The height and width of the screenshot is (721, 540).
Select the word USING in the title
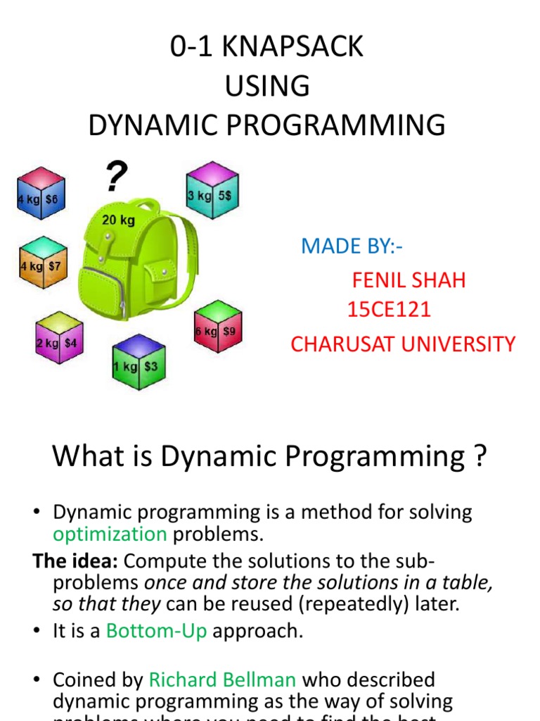[x=267, y=86]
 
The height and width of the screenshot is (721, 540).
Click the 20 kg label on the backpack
[x=118, y=220]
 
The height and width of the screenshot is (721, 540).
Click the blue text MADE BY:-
[x=353, y=246]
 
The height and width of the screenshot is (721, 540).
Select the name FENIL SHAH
[x=409, y=280]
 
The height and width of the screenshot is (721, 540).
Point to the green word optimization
[x=110, y=534]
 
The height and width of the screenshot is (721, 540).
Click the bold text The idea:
[x=76, y=561]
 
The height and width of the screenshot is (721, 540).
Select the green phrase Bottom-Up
[x=157, y=631]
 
